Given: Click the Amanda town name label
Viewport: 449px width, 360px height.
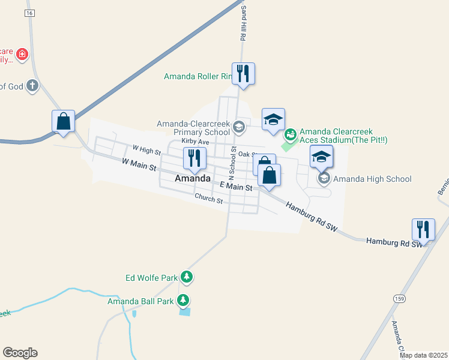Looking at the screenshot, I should pyautogui.click(x=193, y=179).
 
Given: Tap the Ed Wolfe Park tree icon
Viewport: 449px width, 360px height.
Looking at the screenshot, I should pyautogui.click(x=188, y=277).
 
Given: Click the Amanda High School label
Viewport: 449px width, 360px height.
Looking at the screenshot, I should pyautogui.click(x=372, y=179).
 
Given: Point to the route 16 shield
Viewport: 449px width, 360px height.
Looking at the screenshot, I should pyautogui.click(x=30, y=13).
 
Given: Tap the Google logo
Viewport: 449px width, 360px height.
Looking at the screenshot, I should pyautogui.click(x=20, y=353).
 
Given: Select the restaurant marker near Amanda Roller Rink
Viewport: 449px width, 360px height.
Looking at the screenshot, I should pyautogui.click(x=243, y=74).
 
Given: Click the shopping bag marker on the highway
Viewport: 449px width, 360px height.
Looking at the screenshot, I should pyautogui.click(x=63, y=121).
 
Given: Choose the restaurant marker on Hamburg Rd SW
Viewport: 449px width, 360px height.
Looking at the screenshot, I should pyautogui.click(x=423, y=230).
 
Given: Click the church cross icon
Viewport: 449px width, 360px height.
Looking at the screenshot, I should pyautogui.click(x=32, y=86).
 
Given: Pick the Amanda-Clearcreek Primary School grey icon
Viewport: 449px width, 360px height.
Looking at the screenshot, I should pyautogui.click(x=239, y=127).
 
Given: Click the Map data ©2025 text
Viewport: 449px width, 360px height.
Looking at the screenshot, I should pyautogui.click(x=423, y=355).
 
